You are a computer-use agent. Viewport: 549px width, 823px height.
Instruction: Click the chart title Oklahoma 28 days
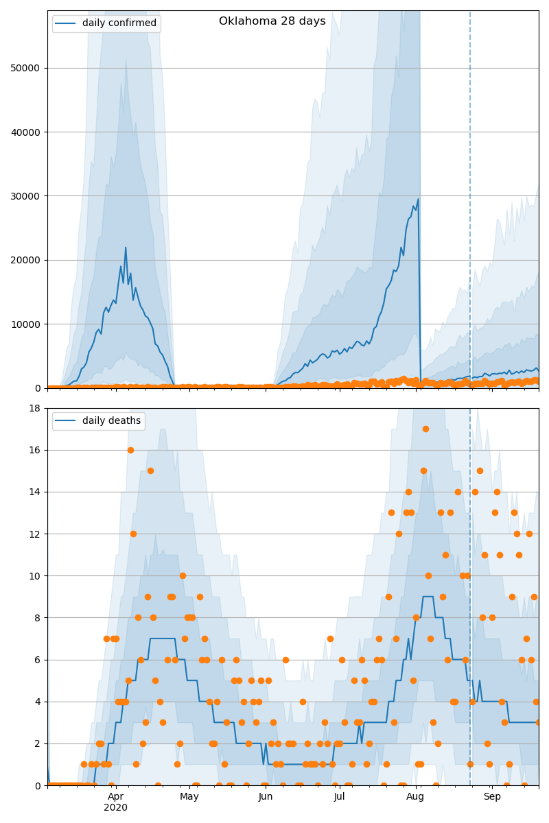pos(272,21)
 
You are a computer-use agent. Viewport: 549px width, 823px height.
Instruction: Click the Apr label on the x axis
pos(115,797)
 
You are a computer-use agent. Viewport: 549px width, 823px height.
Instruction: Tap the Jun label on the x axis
pos(266,797)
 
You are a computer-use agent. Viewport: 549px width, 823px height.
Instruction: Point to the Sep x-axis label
pos(492,797)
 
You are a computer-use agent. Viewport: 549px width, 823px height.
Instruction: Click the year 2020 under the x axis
pos(115,808)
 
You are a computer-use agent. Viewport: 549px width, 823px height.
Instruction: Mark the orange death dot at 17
pos(425,429)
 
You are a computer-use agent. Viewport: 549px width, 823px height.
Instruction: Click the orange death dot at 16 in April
pos(130,450)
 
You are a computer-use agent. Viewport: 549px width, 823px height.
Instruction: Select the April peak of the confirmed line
pos(126,248)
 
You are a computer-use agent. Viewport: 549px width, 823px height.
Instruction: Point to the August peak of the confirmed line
pos(418,200)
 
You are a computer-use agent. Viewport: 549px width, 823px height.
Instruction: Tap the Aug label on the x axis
pos(415,797)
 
